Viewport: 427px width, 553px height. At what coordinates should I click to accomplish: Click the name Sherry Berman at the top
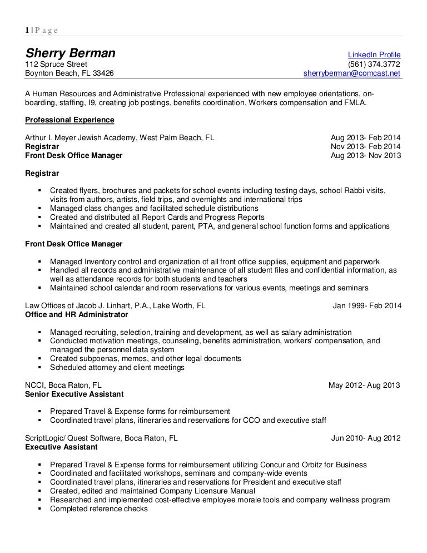click(x=71, y=54)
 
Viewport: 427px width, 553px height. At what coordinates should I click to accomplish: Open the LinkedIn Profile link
click(x=374, y=55)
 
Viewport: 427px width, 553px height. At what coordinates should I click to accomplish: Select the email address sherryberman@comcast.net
click(x=351, y=73)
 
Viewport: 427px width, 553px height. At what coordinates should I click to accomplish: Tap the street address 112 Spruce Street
click(x=56, y=63)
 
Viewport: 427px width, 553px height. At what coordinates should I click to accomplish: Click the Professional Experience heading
click(x=70, y=120)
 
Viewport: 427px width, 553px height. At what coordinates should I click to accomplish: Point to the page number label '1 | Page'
click(x=42, y=30)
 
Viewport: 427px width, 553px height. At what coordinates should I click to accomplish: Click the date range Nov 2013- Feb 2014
click(x=365, y=146)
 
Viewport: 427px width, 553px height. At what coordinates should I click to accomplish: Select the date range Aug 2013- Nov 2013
click(x=365, y=156)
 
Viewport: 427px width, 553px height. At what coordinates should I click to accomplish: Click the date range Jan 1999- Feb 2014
click(x=367, y=305)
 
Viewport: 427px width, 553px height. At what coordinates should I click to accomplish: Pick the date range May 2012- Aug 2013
click(x=364, y=385)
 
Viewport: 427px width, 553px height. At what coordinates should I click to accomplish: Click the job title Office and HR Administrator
click(x=77, y=314)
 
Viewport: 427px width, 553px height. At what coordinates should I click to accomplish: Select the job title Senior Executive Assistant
click(x=75, y=394)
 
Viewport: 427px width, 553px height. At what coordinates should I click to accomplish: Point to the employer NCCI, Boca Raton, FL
click(x=63, y=385)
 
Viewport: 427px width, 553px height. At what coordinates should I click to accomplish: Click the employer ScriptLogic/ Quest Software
click(x=102, y=438)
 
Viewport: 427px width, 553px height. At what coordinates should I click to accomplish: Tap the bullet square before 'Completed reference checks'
click(x=41, y=508)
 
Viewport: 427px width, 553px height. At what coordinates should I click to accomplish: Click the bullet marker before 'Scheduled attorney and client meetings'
click(x=41, y=367)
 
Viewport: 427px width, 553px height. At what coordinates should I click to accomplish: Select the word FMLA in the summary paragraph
click(x=354, y=102)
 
